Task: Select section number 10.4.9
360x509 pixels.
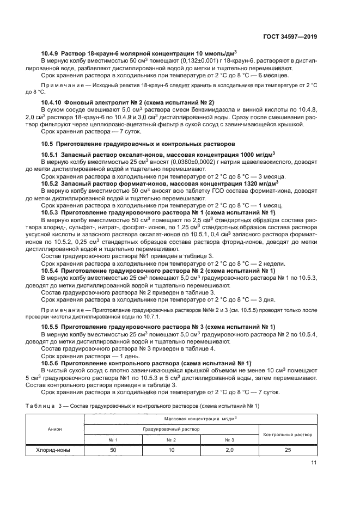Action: tap(52, 53)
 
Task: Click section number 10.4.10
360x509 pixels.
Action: tap(53, 102)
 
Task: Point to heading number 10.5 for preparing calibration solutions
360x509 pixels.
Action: tap(48, 144)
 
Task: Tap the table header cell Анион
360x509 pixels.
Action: tap(54, 429)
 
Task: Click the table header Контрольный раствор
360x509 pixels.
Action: tap(288, 434)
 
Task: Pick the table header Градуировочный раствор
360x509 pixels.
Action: tap(171, 429)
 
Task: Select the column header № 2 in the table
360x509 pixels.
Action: tap(170, 440)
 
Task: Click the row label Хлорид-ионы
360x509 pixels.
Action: tap(53, 450)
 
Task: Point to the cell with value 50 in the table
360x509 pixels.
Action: tap(113, 450)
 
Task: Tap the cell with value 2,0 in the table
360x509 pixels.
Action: tap(229, 450)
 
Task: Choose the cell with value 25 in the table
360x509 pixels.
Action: tap(288, 450)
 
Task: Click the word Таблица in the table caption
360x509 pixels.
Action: tap(40, 406)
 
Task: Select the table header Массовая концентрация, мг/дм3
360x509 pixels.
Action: tap(200, 418)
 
